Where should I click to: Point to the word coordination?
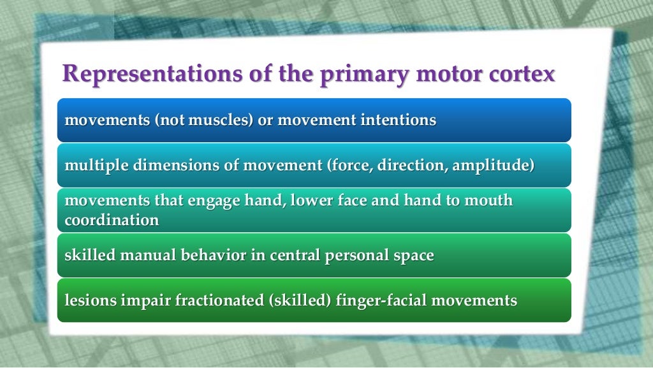coord(112,221)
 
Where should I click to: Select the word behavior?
coord(219,256)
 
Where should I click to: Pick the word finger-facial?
coord(381,300)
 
